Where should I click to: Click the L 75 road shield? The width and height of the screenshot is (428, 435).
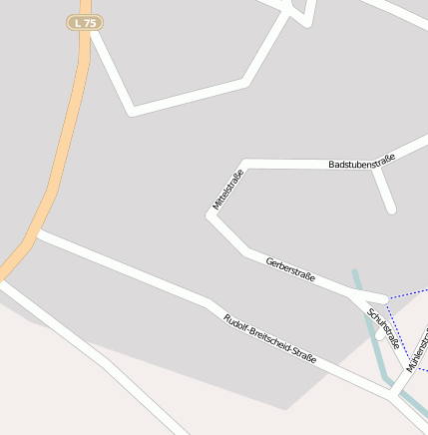click(x=85, y=22)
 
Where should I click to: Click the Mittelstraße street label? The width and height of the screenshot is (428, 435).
click(x=227, y=191)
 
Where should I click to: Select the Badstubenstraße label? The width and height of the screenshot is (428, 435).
click(x=362, y=161)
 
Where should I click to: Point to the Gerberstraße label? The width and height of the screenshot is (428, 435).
click(x=290, y=269)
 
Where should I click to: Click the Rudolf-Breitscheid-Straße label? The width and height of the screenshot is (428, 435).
click(x=269, y=338)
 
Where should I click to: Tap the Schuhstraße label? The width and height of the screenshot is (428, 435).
click(x=384, y=328)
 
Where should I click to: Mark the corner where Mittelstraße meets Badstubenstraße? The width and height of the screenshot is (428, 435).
click(x=244, y=163)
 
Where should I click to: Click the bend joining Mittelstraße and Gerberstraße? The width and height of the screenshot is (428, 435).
click(x=211, y=217)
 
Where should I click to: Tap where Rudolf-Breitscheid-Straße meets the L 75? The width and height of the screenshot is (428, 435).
click(x=37, y=234)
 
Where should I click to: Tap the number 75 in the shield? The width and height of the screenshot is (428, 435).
click(x=90, y=22)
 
